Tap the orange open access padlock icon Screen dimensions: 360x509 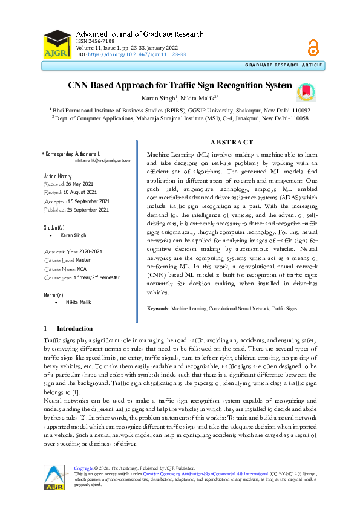coord(313,47)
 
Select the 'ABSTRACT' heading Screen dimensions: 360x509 coord(232,142)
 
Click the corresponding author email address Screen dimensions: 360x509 coord(103,161)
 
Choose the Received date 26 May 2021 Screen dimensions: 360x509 coord(79,183)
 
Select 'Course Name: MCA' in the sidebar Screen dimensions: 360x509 coord(68,268)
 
